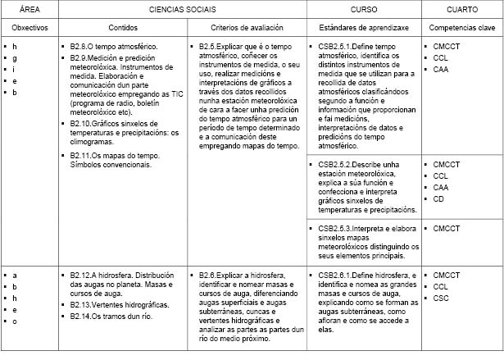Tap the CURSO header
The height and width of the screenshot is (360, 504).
pos(363,9)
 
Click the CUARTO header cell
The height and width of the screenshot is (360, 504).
pos(461,9)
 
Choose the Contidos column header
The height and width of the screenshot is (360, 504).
pos(123,27)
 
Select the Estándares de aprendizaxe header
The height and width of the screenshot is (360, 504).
pos(363,27)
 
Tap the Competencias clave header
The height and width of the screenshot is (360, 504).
pos(461,27)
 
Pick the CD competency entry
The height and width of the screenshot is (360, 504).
pos(439,199)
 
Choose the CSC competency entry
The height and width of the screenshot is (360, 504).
pos(441,298)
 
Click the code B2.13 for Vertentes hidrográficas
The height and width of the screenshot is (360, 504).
pos(83,304)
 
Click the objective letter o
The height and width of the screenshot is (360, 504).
pos(15,321)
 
